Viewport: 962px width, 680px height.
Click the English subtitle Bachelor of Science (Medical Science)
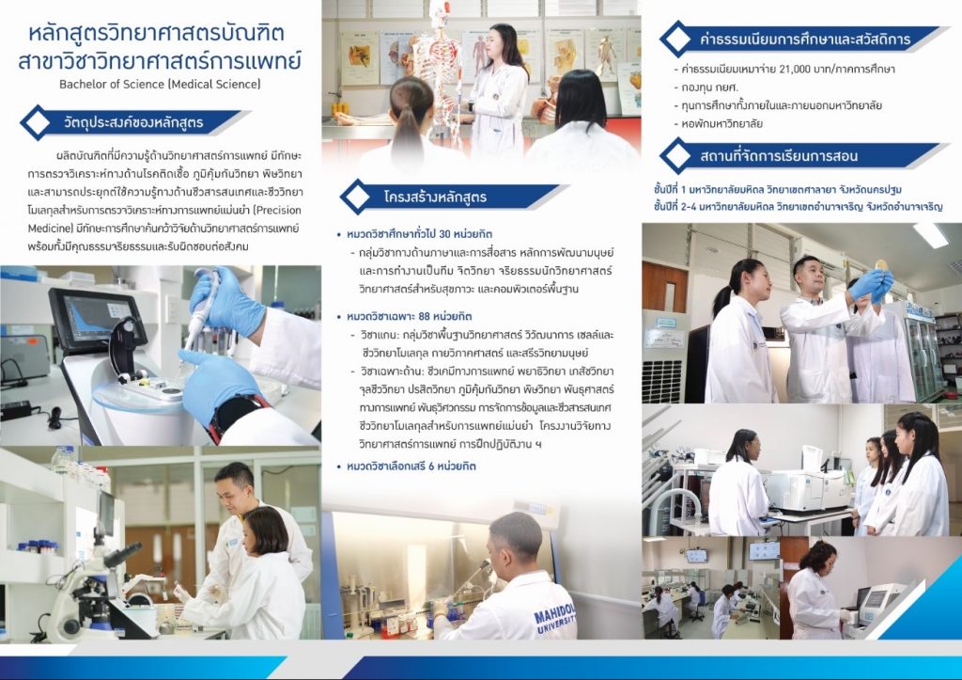(160, 84)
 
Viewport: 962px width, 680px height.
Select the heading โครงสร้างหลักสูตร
(435, 198)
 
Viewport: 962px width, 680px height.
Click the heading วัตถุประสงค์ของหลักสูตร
(133, 122)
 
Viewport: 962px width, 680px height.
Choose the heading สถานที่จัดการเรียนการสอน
(779, 155)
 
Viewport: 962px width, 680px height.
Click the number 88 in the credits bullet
(424, 317)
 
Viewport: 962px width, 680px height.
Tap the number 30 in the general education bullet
(444, 234)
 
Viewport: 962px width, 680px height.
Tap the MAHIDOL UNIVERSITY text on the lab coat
(555, 617)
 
